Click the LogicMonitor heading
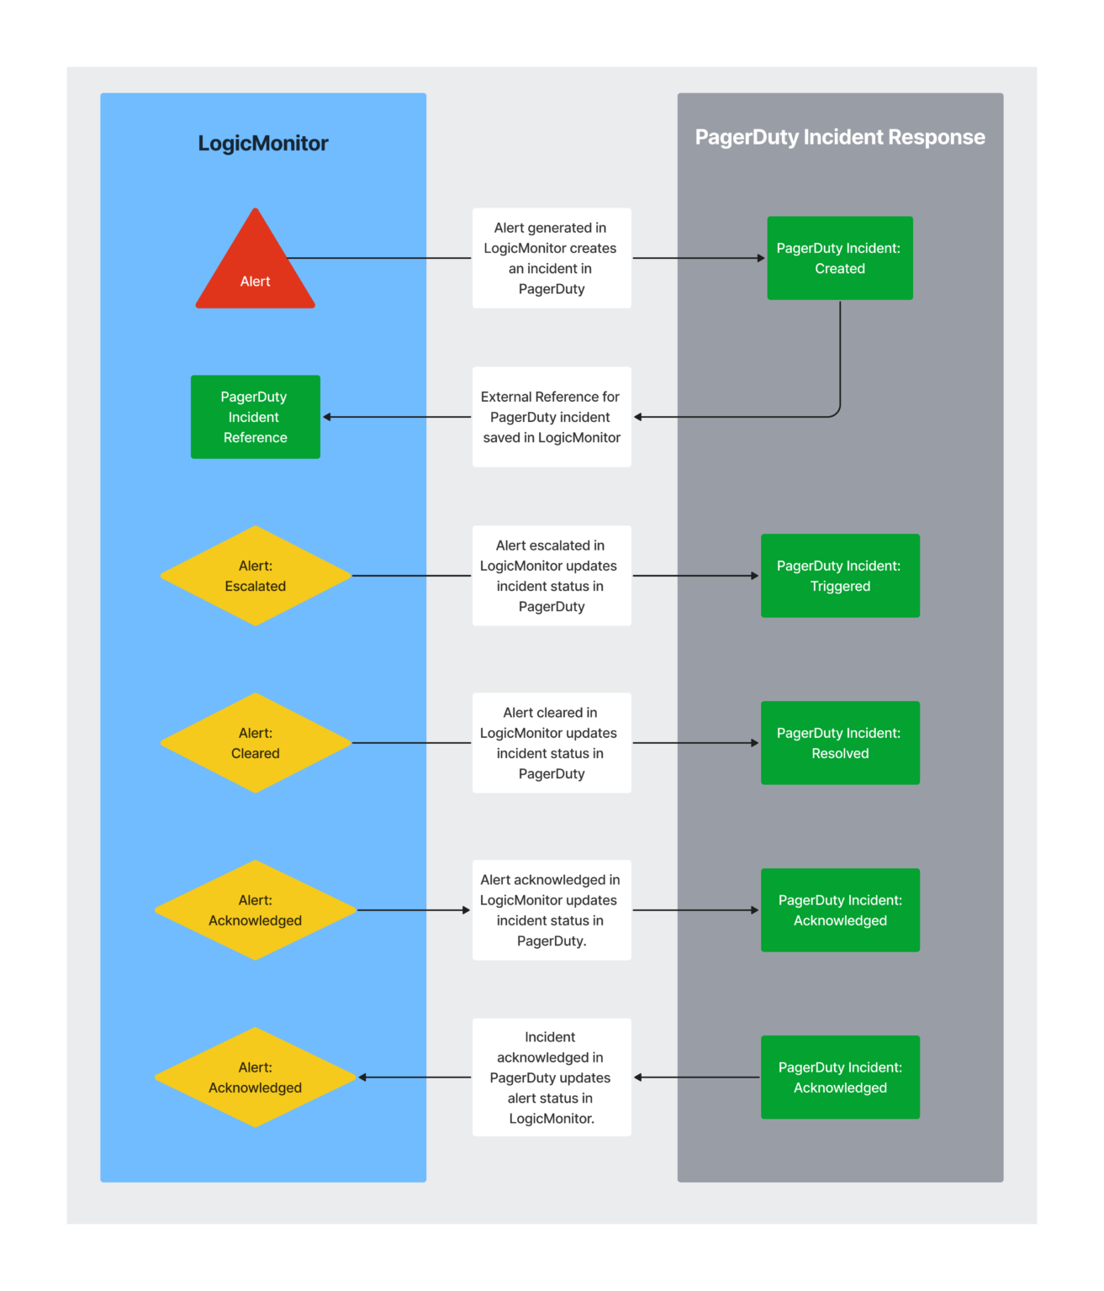click(263, 144)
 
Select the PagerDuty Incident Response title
click(839, 137)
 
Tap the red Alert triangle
click(256, 269)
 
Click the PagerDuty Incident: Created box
click(839, 258)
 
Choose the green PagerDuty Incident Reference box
click(255, 417)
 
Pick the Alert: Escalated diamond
click(256, 576)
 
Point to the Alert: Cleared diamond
click(256, 743)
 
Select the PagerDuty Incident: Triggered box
click(839, 576)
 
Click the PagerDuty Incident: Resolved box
click(839, 743)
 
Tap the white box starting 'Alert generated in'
click(552, 258)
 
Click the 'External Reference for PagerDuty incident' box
click(552, 417)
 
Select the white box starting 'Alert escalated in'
click(552, 576)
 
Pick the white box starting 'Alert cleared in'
click(552, 743)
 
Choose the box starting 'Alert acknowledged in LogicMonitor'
click(552, 910)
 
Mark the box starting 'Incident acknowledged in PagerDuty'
click(552, 1078)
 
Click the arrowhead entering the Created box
click(761, 258)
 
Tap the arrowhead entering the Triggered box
click(755, 576)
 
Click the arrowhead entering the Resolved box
click(755, 743)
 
